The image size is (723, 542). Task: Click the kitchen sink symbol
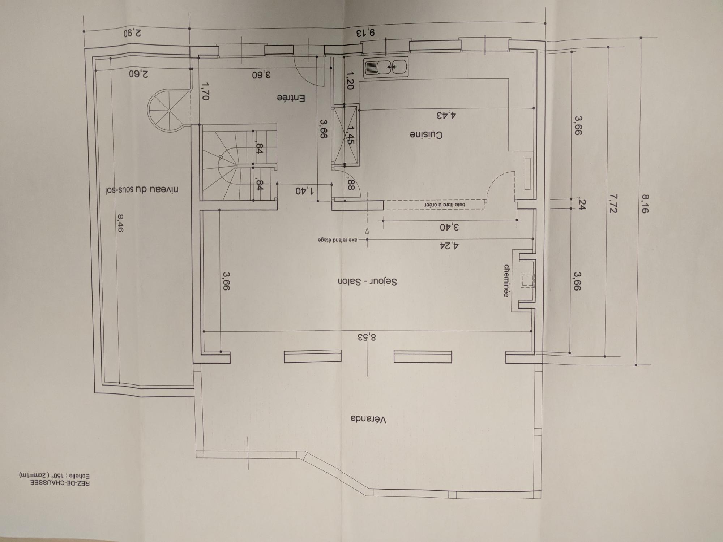click(x=386, y=67)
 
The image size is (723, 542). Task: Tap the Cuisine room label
click(x=426, y=135)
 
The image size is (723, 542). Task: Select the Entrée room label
click(x=291, y=98)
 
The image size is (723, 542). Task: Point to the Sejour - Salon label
click(x=367, y=282)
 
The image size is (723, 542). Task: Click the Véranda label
click(x=369, y=420)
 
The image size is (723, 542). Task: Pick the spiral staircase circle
click(x=168, y=110)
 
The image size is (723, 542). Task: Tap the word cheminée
click(x=506, y=281)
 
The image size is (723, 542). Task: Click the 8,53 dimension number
click(x=367, y=337)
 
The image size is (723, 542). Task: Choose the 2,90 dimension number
click(x=132, y=33)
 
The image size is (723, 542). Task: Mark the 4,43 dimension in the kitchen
click(x=446, y=116)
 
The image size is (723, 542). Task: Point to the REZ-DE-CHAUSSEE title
click(x=60, y=483)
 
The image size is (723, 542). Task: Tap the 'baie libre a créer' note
click(x=445, y=205)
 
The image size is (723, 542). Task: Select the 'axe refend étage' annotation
click(x=338, y=240)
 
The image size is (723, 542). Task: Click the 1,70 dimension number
click(x=206, y=91)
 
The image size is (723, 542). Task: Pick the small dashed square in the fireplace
click(x=527, y=281)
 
